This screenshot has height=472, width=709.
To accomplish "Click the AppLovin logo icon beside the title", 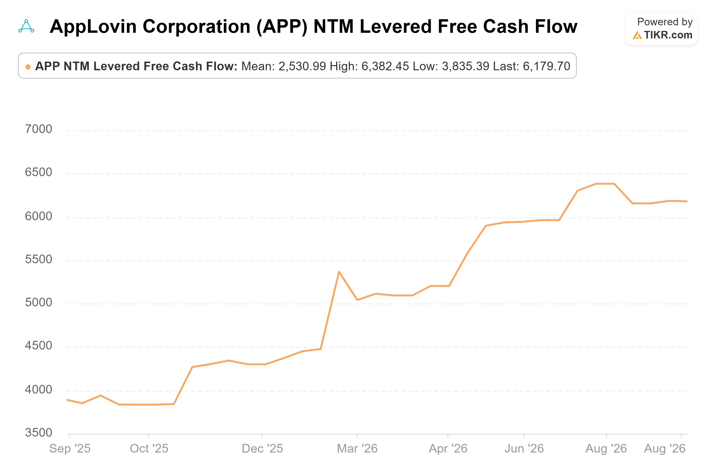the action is coord(26,26).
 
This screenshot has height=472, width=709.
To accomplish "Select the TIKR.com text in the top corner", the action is coord(668,35).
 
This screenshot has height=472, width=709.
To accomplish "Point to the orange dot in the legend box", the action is coord(28,67).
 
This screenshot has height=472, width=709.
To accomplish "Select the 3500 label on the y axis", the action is coord(38,433).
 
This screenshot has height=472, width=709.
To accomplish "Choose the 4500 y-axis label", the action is coord(38,346).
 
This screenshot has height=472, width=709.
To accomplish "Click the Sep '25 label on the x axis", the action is coord(70,449).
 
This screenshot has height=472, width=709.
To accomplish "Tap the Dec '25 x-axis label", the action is coord(262,449).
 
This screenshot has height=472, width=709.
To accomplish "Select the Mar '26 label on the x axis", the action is coord(357,449).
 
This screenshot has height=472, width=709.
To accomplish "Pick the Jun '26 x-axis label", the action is coord(524,449).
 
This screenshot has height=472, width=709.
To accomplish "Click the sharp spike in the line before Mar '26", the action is coord(339,272).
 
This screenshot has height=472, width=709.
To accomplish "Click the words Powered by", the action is coord(665,22).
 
